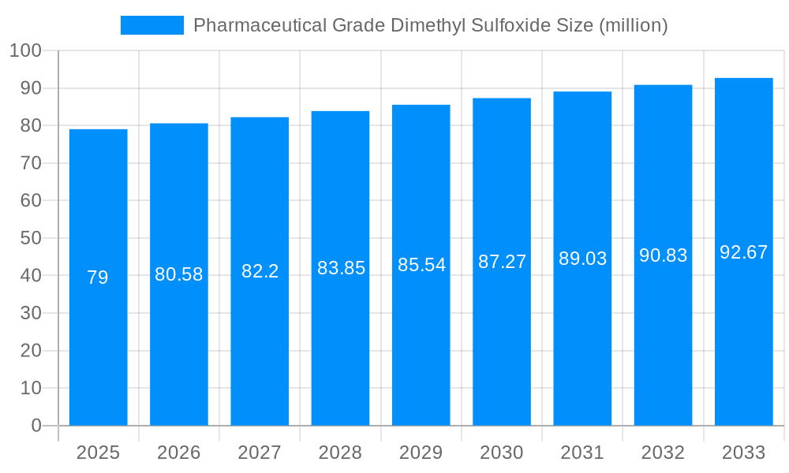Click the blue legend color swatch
click(151, 25)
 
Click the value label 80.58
click(179, 274)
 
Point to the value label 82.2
click(260, 271)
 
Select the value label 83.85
click(341, 268)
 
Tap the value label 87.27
click(502, 262)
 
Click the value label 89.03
click(582, 259)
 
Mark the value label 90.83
click(663, 255)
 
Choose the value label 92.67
click(743, 252)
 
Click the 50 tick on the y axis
click(31, 238)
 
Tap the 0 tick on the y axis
click(36, 426)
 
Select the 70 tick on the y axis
click(31, 163)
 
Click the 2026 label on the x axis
click(179, 453)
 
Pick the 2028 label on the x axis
click(341, 453)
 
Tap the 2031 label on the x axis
click(582, 453)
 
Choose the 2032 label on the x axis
click(663, 453)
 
